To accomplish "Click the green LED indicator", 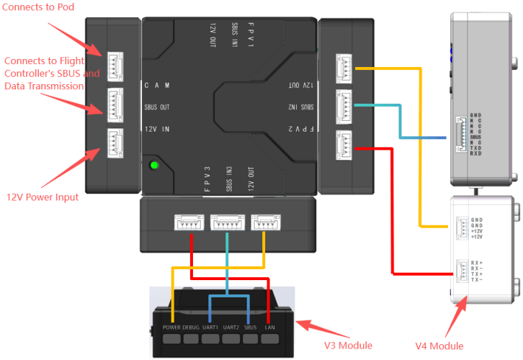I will pyautogui.click(x=153, y=166).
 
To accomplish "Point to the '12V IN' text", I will pyautogui.click(x=156, y=129).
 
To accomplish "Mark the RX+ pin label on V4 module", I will pyautogui.click(x=476, y=263).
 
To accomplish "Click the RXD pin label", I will pyautogui.click(x=476, y=153).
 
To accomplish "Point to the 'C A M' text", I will pyautogui.click(x=156, y=85).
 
